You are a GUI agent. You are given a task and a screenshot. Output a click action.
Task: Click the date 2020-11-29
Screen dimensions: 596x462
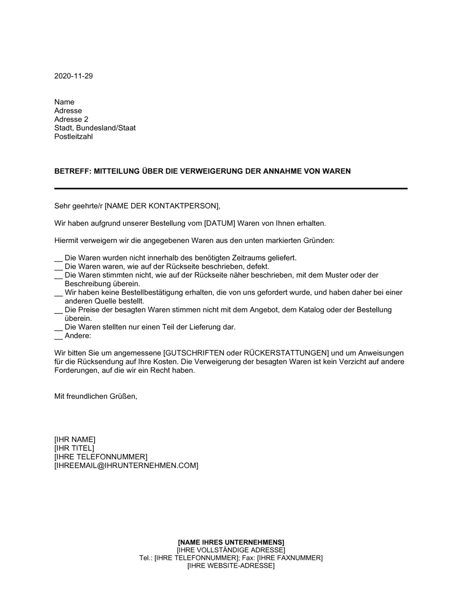(x=73, y=76)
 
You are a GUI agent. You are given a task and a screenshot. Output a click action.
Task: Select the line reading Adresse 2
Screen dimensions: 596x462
(x=71, y=119)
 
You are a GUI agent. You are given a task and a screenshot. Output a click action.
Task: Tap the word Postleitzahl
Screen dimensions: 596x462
(x=73, y=137)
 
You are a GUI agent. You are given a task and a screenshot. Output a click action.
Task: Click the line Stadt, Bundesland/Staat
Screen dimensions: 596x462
(x=95, y=128)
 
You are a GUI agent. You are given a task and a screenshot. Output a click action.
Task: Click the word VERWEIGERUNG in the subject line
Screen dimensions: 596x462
(x=212, y=171)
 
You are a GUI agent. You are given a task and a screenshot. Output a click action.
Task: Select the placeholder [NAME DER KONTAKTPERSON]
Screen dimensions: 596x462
(x=160, y=206)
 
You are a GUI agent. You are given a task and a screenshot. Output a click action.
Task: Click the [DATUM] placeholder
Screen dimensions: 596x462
(x=219, y=224)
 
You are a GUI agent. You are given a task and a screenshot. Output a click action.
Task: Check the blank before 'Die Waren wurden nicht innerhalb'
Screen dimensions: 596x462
(x=58, y=258)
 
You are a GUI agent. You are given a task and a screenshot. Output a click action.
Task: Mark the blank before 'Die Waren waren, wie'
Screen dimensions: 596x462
(x=58, y=267)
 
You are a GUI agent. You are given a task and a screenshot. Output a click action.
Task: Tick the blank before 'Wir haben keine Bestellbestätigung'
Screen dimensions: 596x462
(x=58, y=293)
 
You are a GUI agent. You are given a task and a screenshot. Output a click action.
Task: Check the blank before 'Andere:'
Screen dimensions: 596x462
(x=58, y=336)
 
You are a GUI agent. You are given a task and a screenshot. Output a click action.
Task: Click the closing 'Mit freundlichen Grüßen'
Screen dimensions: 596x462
(x=96, y=396)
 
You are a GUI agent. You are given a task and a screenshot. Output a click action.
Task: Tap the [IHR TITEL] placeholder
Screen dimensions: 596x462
(x=74, y=448)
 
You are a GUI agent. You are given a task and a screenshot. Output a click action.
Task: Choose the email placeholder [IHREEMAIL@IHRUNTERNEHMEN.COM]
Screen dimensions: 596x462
(x=126, y=466)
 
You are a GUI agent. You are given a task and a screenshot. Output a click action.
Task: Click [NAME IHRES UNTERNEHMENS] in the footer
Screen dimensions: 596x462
(x=231, y=542)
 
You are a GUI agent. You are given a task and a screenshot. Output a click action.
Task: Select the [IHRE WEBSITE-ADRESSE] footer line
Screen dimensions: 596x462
(x=231, y=566)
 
